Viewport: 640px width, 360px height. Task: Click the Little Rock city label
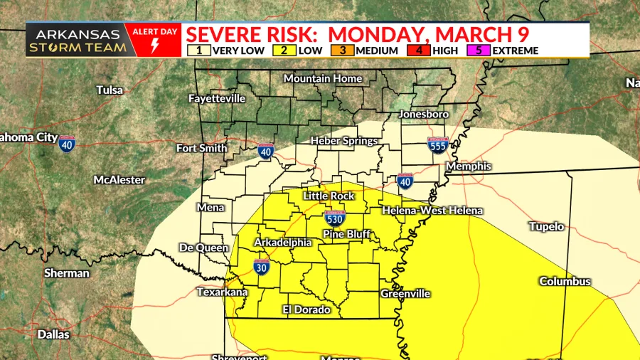(x=329, y=196)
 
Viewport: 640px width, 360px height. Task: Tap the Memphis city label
(x=468, y=166)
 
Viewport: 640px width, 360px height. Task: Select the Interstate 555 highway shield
(x=437, y=146)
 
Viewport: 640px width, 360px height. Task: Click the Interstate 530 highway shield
(x=334, y=218)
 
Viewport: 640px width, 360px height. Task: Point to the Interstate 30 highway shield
(x=261, y=267)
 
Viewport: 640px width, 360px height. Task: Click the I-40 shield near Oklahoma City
(x=68, y=143)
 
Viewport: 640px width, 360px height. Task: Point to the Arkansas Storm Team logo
(x=78, y=41)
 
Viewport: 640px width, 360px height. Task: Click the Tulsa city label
(x=110, y=90)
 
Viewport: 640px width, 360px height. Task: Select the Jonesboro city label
(x=424, y=114)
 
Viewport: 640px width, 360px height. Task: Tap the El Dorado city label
(x=306, y=309)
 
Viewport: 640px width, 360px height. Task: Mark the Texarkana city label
(x=222, y=292)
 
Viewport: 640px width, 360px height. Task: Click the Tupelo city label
(x=546, y=227)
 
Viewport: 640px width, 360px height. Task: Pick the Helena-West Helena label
(x=432, y=211)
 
